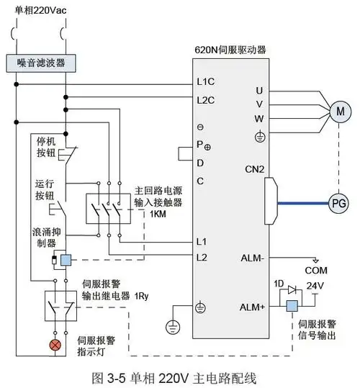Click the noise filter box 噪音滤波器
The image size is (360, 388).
[x=42, y=63]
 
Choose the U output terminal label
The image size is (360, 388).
[x=259, y=90]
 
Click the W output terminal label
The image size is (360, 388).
[x=259, y=118]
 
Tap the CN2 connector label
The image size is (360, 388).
[x=256, y=169]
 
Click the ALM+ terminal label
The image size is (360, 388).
[x=253, y=307]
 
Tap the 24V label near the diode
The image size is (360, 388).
[x=316, y=286]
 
